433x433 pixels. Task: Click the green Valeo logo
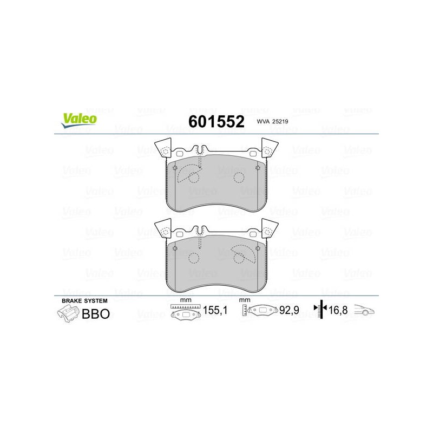[x=79, y=120]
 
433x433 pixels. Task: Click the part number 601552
[x=216, y=121]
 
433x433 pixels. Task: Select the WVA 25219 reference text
[x=272, y=121]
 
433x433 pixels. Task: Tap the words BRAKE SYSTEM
[x=84, y=301]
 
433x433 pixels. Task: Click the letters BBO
[x=96, y=314]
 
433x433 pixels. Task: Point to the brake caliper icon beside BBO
[x=68, y=314]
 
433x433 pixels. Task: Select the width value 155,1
[x=215, y=310]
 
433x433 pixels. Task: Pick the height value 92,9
[x=289, y=310]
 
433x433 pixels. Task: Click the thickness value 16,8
[x=338, y=310]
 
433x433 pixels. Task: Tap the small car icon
[x=364, y=310]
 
